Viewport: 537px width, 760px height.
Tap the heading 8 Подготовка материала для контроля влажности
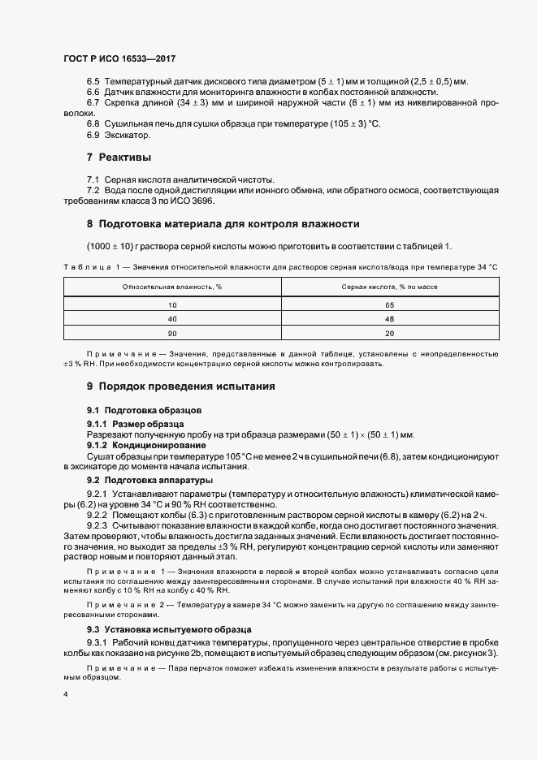click(223, 223)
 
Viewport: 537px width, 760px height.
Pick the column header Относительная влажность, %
click(172, 287)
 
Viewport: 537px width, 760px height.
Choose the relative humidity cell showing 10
click(172, 304)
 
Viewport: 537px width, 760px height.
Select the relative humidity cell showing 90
click(172, 334)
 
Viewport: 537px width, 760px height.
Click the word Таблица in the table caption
click(84, 267)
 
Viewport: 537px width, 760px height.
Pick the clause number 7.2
click(93, 190)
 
